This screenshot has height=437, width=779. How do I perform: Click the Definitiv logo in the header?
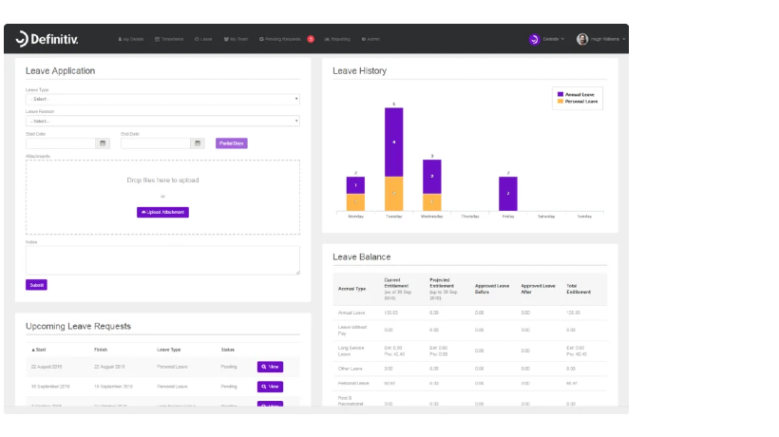[48, 39]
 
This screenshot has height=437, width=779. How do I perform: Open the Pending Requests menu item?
[280, 39]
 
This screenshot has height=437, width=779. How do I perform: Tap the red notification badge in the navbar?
[311, 39]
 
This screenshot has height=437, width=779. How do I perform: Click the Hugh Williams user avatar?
[582, 39]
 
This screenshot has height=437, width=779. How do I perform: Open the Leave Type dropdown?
[161, 99]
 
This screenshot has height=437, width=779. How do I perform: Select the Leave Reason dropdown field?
[161, 121]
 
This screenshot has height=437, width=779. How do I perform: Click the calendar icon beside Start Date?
[103, 143]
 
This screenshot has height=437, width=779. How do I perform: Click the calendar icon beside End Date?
[198, 143]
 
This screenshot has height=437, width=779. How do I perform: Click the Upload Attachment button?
[162, 212]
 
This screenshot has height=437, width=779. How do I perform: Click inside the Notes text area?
[161, 260]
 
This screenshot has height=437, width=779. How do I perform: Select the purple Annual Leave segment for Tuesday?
[394, 142]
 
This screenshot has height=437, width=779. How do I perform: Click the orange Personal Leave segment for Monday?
[355, 202]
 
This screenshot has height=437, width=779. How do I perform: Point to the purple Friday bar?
[508, 194]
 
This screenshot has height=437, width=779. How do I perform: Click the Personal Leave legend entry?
[580, 101]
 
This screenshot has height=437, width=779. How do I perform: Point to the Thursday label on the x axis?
[470, 217]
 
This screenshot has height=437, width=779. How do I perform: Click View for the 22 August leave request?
[270, 367]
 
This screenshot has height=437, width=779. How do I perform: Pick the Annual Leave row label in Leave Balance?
[352, 312]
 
